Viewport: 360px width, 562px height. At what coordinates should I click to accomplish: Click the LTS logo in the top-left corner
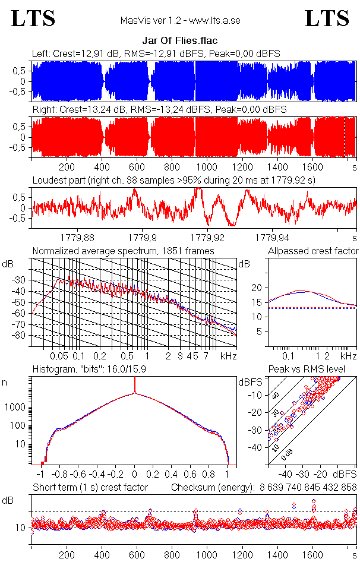(33, 18)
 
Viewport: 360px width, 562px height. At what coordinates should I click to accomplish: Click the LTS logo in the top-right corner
(327, 18)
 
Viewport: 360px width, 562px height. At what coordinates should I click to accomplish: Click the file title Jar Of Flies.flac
(179, 41)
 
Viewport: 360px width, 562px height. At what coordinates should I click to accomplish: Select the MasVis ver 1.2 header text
(180, 21)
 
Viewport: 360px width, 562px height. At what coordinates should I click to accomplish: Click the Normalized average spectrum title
(123, 251)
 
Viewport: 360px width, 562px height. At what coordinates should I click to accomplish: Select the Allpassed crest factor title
(313, 251)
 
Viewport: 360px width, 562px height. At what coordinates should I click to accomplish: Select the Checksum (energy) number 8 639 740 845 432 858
(308, 487)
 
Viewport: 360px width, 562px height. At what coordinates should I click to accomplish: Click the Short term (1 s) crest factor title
(90, 487)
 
